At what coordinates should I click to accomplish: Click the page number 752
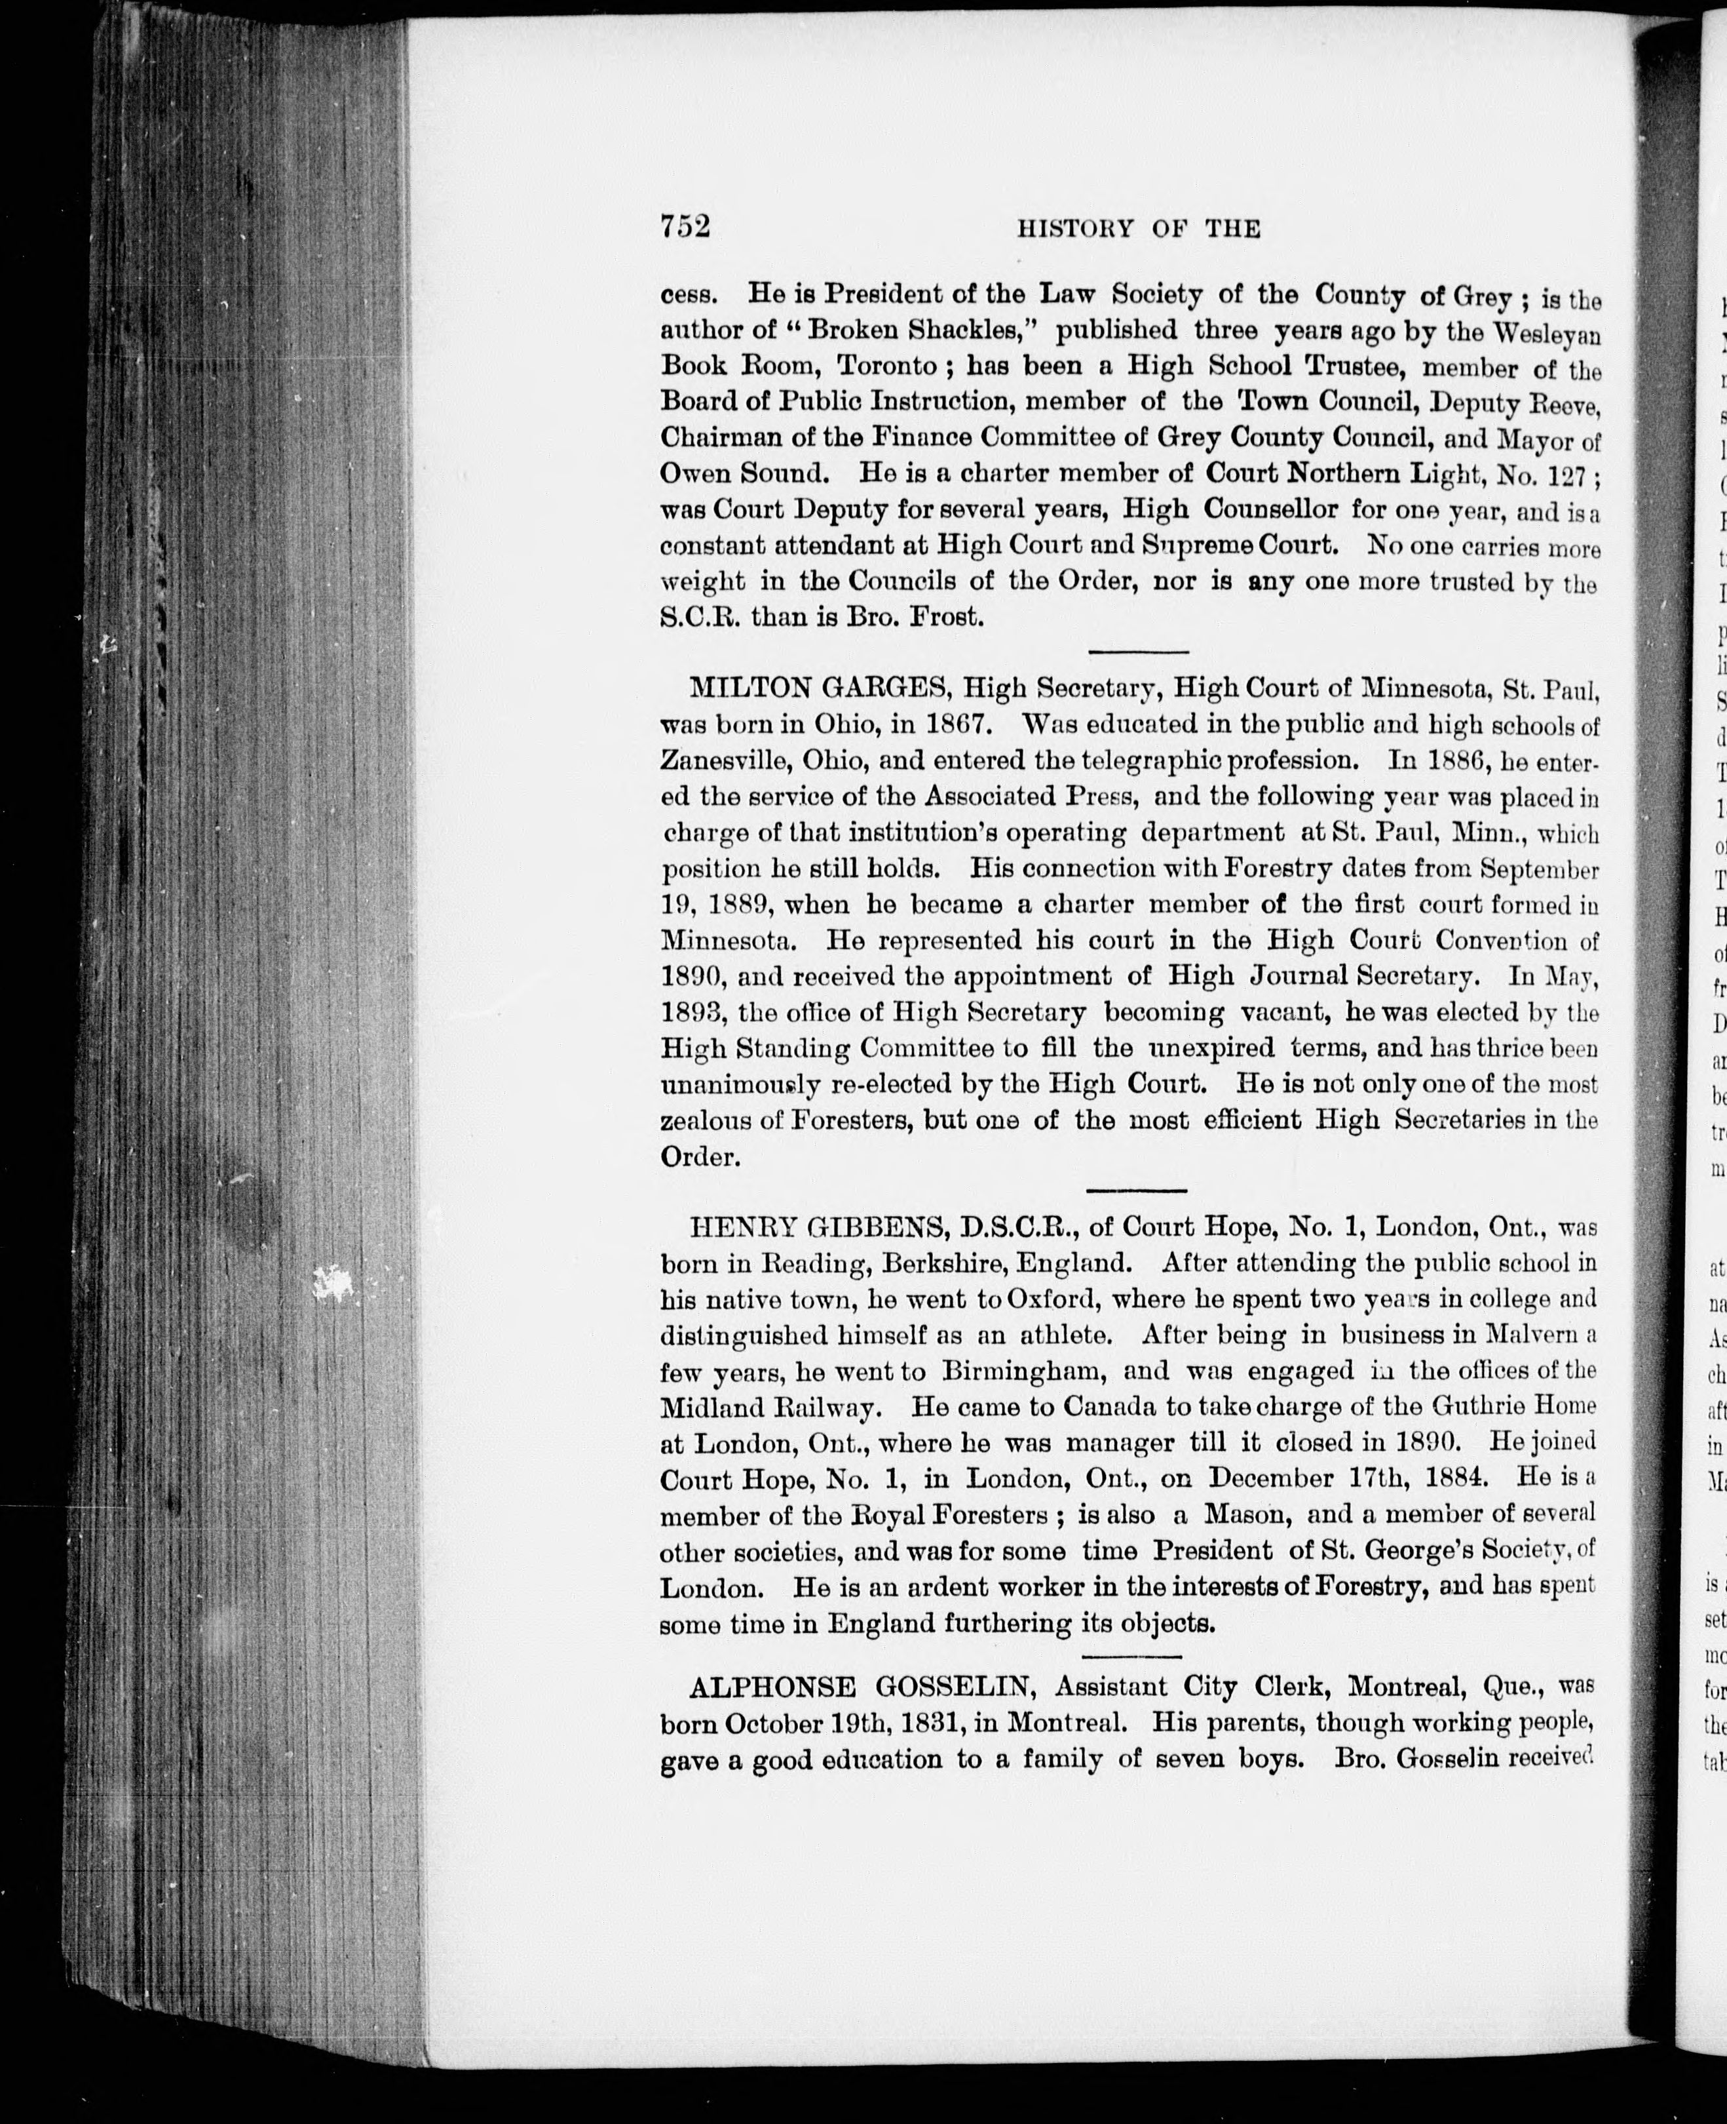point(685,227)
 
